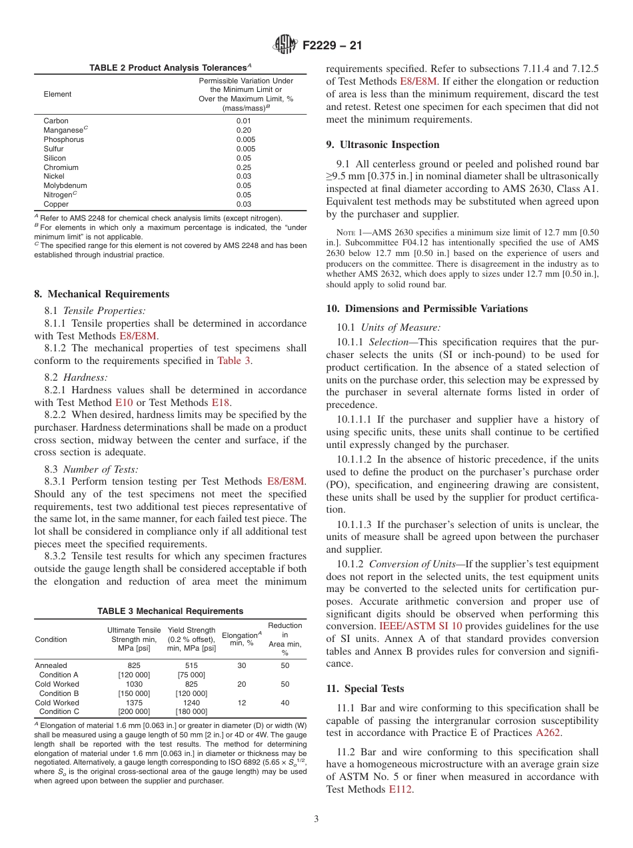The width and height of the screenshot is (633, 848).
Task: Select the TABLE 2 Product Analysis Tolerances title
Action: point(171,67)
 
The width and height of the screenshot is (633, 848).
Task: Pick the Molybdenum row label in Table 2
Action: point(65,185)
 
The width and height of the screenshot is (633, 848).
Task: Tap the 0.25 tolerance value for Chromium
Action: point(244,167)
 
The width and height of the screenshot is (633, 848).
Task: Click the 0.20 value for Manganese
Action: point(244,130)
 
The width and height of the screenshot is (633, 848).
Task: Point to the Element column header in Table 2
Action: point(57,94)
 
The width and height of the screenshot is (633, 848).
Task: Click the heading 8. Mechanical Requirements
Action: point(101,294)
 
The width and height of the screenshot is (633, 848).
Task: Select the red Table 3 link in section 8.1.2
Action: point(234,361)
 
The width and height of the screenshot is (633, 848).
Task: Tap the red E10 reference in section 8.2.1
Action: point(124,403)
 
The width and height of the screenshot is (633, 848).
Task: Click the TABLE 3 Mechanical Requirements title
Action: point(171,611)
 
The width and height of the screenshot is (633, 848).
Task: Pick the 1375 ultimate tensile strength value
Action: point(134,703)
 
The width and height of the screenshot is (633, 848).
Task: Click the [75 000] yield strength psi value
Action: point(191,675)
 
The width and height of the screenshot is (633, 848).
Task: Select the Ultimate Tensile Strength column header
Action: point(134,639)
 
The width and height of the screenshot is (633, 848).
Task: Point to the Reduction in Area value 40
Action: point(285,703)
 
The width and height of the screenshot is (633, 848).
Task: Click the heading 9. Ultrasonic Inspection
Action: point(382,145)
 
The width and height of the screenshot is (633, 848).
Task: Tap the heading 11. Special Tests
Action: point(365,689)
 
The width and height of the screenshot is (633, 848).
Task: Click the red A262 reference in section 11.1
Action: point(548,733)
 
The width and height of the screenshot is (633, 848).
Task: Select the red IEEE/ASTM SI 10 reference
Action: point(421,626)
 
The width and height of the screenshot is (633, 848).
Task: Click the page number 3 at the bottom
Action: point(316,819)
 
